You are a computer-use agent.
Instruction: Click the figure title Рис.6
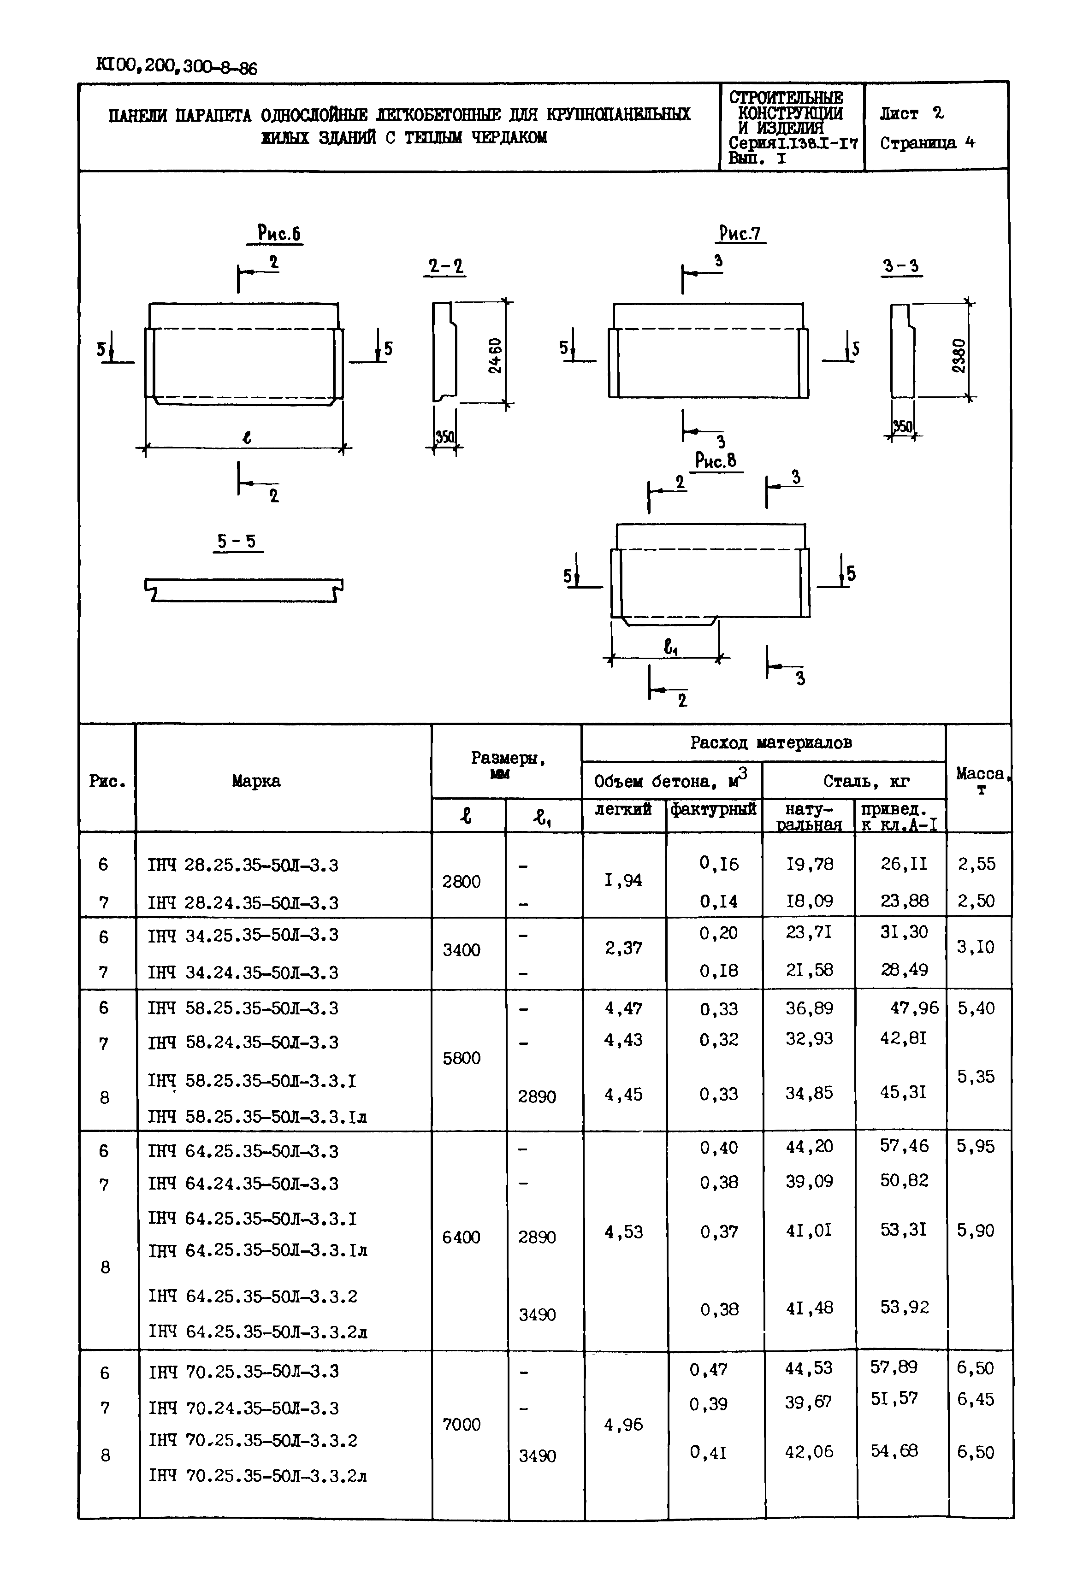pos(279,234)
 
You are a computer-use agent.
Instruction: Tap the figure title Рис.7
pos(740,234)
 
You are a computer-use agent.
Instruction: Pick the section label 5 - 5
pos(237,542)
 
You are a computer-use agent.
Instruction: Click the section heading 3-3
pos(901,266)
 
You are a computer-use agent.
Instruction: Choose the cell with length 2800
pos(461,882)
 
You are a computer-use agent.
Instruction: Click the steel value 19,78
pos(809,864)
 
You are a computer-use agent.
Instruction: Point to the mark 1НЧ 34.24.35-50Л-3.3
pos(243,972)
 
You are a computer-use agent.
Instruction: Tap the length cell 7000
pos(461,1424)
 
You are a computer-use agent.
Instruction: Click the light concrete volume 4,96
pos(623,1424)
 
